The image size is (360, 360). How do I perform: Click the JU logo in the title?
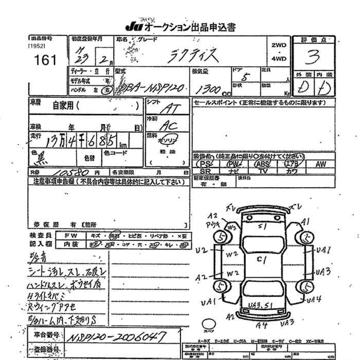point(133,26)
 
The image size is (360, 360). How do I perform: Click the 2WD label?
point(279,45)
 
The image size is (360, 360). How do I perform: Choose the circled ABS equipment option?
point(263,164)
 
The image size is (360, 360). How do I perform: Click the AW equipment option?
point(320,164)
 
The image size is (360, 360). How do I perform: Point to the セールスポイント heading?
point(214,103)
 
